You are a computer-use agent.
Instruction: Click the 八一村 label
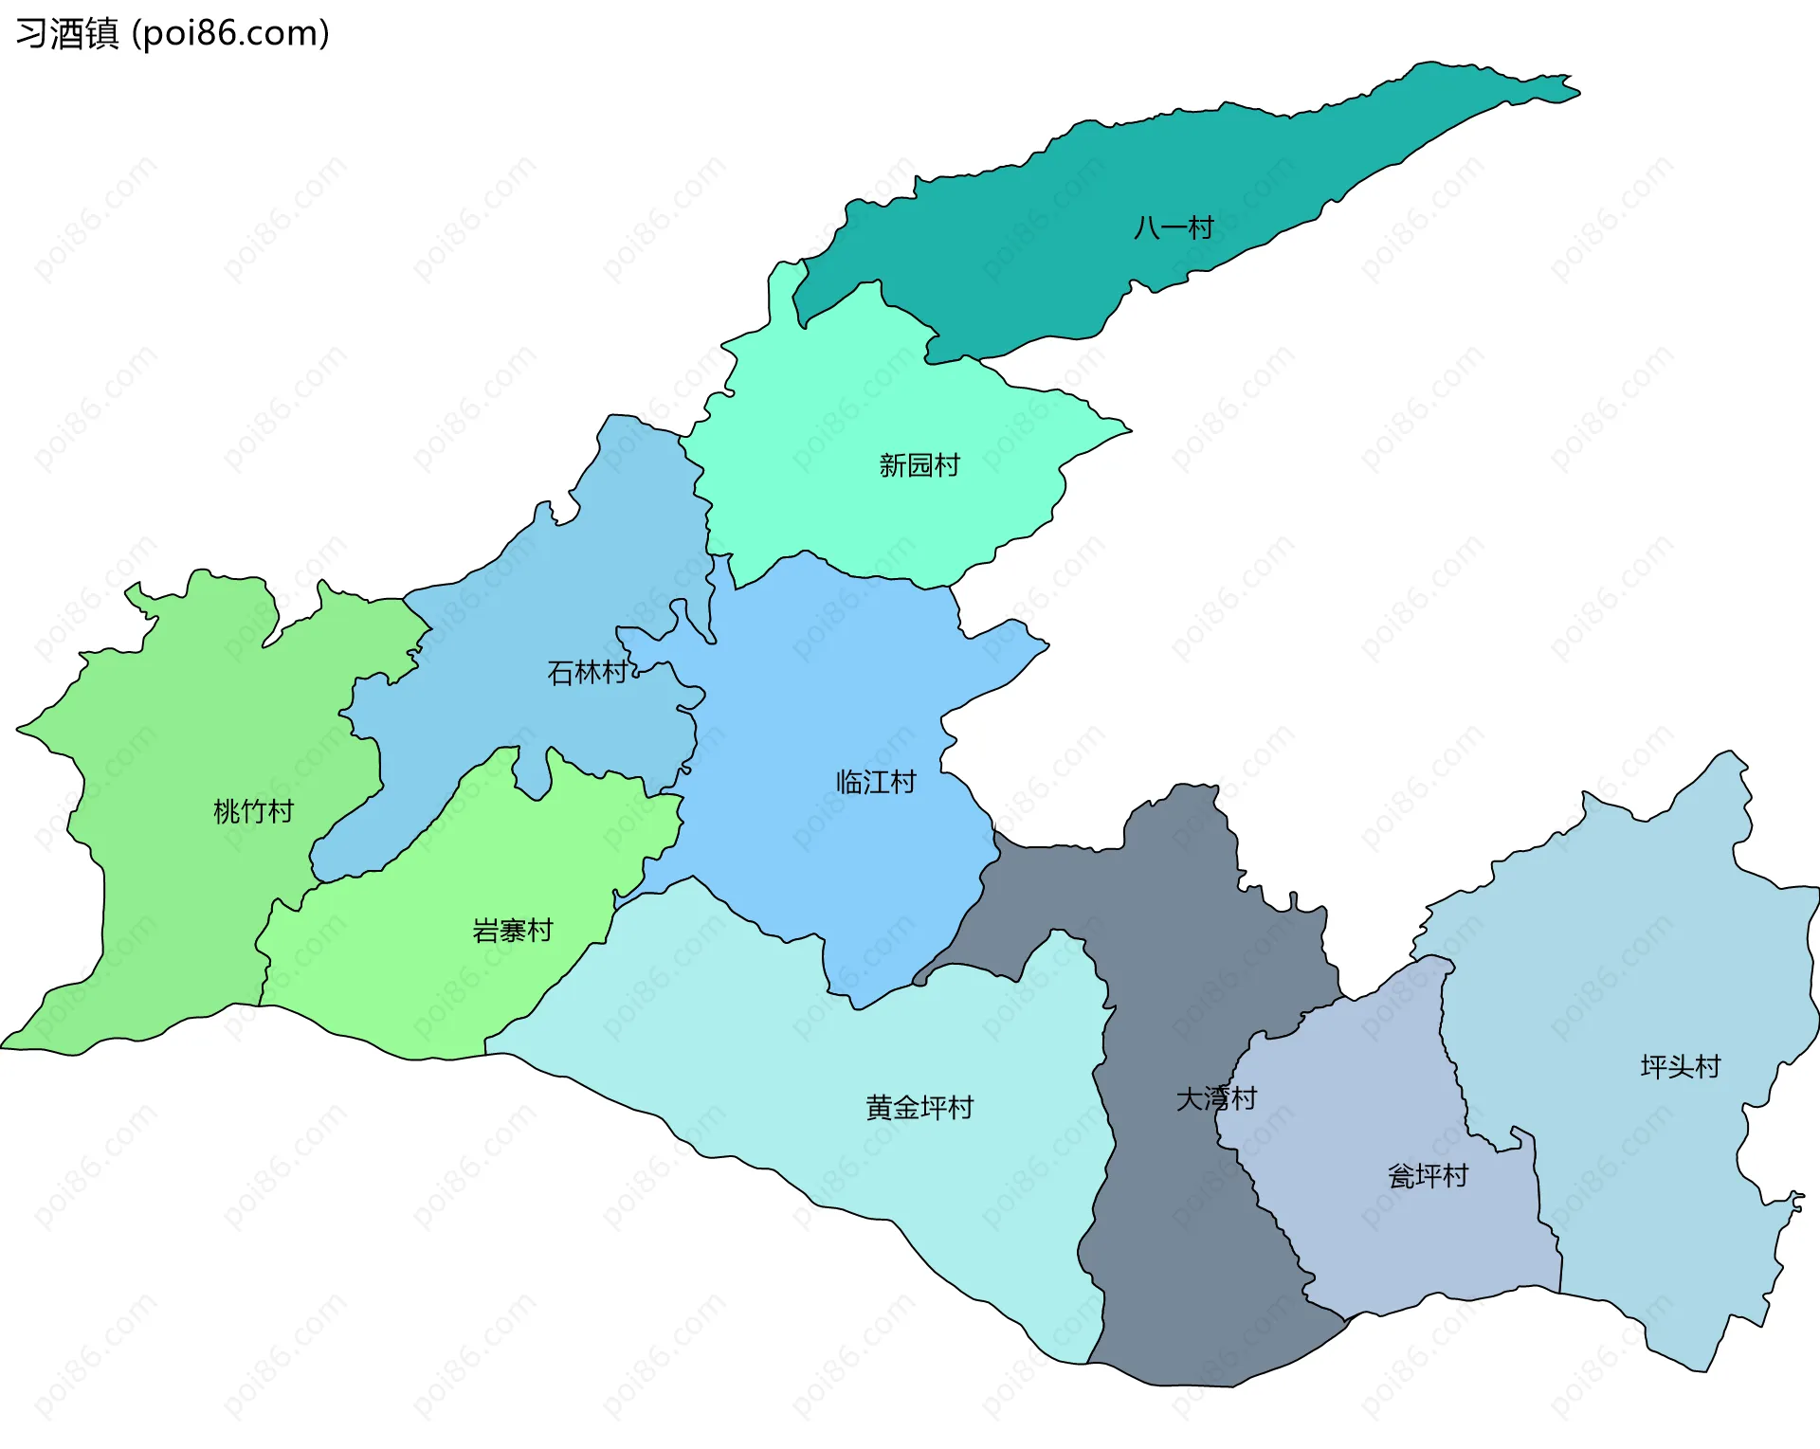[x=1174, y=227]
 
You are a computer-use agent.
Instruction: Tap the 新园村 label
[x=919, y=465]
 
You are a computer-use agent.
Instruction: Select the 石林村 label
[x=588, y=673]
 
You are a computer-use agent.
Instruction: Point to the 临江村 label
[x=876, y=782]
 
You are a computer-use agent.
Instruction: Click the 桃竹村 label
[x=253, y=811]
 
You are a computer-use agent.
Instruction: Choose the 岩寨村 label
[x=512, y=931]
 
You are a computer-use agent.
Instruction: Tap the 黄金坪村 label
[x=919, y=1107]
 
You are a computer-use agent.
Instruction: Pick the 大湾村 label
[x=1216, y=1098]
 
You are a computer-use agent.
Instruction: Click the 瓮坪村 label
[x=1428, y=1176]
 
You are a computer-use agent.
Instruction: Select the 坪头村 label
[x=1680, y=1067]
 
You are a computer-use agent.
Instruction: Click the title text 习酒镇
[x=67, y=34]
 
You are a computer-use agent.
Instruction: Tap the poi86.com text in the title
[x=230, y=34]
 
